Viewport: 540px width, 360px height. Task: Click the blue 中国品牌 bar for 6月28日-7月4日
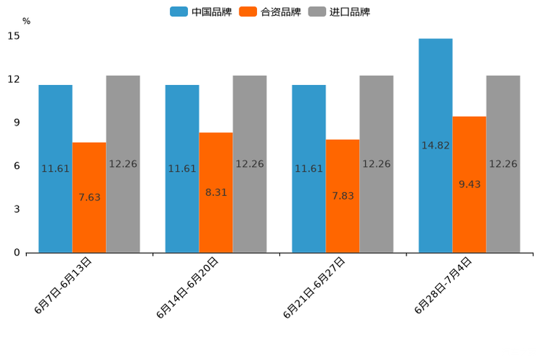tap(435, 145)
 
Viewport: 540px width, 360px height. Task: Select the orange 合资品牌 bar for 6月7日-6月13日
tap(89, 197)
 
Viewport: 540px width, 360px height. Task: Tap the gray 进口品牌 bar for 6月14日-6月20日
tap(250, 164)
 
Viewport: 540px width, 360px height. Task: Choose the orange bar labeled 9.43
tap(470, 184)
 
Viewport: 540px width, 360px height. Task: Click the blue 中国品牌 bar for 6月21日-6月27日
tap(308, 168)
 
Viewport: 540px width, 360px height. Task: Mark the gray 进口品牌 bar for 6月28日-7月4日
tap(503, 164)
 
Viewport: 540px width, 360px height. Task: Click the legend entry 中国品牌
tap(201, 12)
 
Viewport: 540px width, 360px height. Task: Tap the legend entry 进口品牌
tap(339, 12)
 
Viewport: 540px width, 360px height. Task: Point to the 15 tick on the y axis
tap(14, 36)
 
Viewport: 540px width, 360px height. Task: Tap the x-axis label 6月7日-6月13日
tap(63, 285)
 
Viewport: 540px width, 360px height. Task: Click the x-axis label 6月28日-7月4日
tap(443, 285)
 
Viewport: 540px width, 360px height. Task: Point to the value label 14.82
tap(435, 145)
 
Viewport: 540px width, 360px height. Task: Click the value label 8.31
tap(216, 192)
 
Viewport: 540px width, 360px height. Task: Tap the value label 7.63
tap(89, 197)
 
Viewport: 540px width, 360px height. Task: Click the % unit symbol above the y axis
tap(26, 21)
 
